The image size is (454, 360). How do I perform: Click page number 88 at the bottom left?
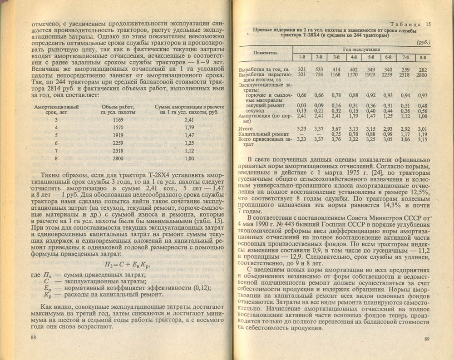[33, 337]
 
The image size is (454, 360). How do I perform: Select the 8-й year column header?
[423, 57]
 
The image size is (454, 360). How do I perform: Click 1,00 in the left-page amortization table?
[189, 158]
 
